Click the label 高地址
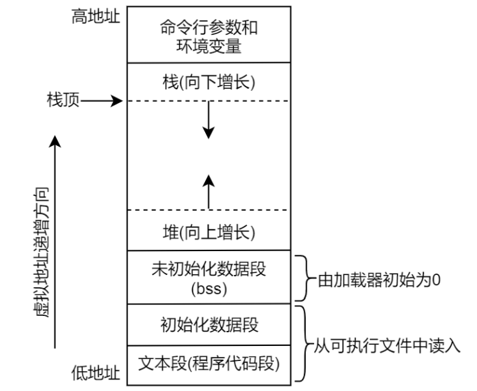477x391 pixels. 95,17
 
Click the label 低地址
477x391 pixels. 95,373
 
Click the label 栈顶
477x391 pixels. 59,101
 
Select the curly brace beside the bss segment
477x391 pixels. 304,278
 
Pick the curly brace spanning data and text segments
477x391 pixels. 304,345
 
